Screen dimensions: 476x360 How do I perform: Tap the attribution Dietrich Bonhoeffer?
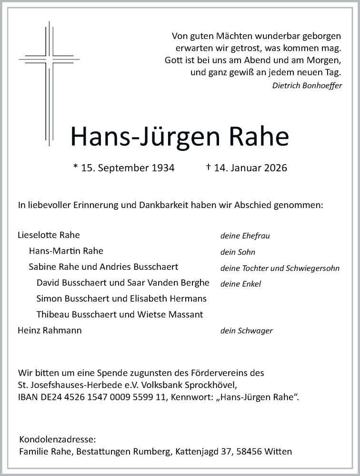coord(307,86)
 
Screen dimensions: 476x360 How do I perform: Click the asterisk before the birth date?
coord(75,167)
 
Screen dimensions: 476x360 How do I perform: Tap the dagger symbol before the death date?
coord(208,167)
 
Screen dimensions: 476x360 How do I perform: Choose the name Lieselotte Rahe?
coord(49,235)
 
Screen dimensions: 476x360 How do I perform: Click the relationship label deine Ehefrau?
coord(245,236)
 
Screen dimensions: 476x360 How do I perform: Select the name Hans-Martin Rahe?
coord(66,251)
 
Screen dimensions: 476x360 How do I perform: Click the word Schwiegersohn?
coord(314,268)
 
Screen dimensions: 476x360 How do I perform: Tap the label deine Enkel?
coord(240,284)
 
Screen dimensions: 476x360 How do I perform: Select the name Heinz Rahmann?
coord(50,330)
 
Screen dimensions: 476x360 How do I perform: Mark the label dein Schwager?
coord(246,331)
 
